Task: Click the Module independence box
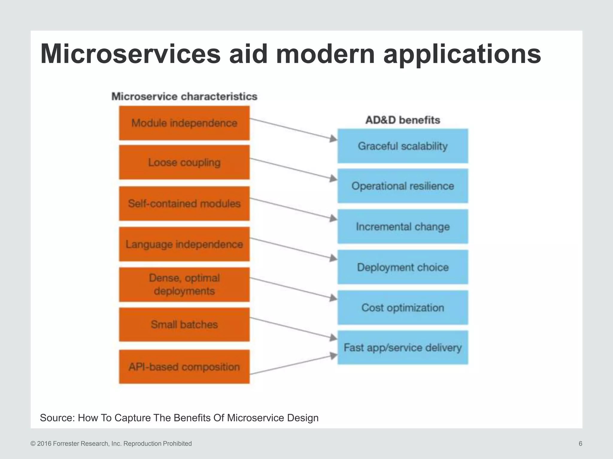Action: pyautogui.click(x=184, y=123)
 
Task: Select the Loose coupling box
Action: pyautogui.click(x=184, y=162)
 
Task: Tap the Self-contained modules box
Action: pyautogui.click(x=184, y=204)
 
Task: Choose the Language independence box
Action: pyautogui.click(x=184, y=244)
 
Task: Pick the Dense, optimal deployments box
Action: pyautogui.click(x=184, y=284)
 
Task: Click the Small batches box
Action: pyautogui.click(x=184, y=325)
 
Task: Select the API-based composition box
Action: pyautogui.click(x=184, y=367)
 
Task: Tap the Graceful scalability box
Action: pyautogui.click(x=403, y=146)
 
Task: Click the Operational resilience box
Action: pyautogui.click(x=403, y=186)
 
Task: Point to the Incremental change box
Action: pyautogui.click(x=403, y=227)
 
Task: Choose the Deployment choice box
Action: pyautogui.click(x=403, y=267)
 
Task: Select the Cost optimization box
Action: pyautogui.click(x=403, y=307)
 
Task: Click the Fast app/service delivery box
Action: pyautogui.click(x=403, y=348)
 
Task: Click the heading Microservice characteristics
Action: pyautogui.click(x=184, y=97)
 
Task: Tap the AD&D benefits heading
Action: pyautogui.click(x=403, y=120)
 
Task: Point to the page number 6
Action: pyautogui.click(x=580, y=443)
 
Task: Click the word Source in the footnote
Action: pyautogui.click(x=57, y=418)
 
